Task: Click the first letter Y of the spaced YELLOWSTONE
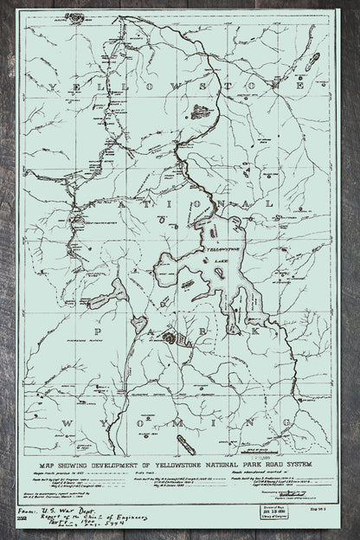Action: click(x=55, y=87)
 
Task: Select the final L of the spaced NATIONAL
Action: click(x=296, y=203)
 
